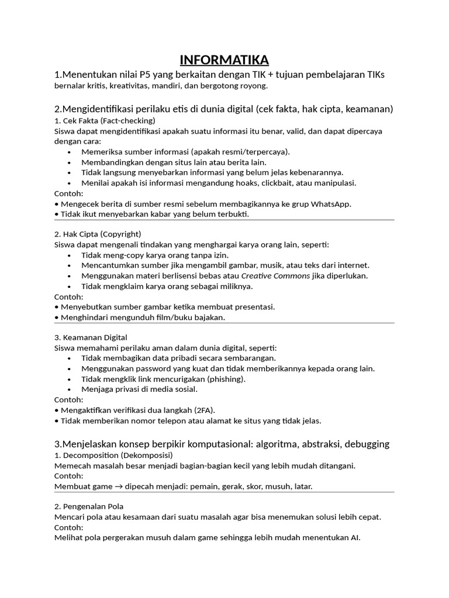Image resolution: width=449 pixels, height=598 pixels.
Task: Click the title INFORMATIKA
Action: [224, 60]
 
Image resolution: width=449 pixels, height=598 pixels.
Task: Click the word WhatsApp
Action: [329, 204]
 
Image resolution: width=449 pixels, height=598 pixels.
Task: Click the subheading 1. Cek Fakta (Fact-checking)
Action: [105, 120]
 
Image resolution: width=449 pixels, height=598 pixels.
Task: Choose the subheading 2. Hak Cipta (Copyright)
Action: [98, 234]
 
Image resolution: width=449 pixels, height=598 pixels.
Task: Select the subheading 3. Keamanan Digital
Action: [91, 337]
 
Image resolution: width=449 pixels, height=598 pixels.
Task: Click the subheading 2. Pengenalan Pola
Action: [89, 506]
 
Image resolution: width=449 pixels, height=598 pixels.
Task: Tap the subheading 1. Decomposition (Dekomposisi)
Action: [113, 455]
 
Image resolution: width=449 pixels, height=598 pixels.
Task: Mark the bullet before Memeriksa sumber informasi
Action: [70, 152]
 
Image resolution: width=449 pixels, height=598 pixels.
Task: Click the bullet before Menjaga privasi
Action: [70, 389]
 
